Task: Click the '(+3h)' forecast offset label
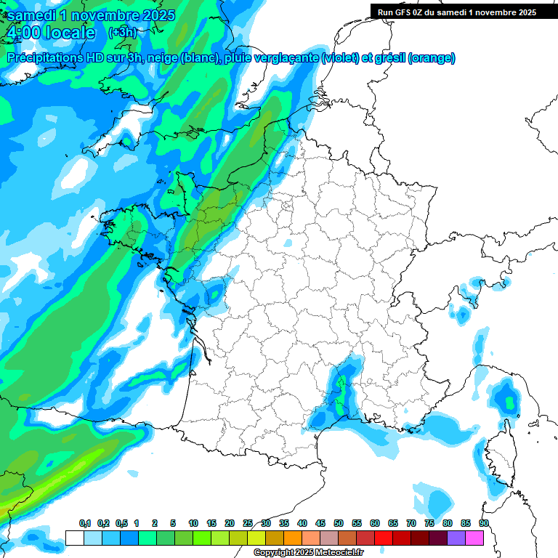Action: click(x=122, y=32)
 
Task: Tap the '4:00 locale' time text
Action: click(x=49, y=33)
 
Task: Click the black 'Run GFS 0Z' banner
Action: click(x=457, y=12)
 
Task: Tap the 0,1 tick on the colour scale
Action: click(x=84, y=524)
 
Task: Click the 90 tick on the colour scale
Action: click(x=483, y=524)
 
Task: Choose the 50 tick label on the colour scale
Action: click(x=339, y=524)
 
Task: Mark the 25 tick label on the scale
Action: click(x=248, y=524)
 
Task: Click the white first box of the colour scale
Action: click(x=75, y=538)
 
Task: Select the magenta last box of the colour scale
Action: click(x=474, y=538)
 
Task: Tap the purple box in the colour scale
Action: click(x=456, y=538)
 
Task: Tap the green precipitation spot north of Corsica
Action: click(x=506, y=399)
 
